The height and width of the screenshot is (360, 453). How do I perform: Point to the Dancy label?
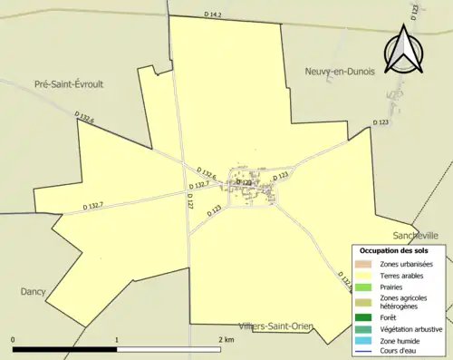[33, 292]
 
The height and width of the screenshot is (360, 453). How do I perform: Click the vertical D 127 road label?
[190, 200]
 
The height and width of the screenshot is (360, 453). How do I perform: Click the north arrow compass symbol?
[401, 51]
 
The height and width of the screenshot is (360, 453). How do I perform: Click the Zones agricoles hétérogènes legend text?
[404, 302]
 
